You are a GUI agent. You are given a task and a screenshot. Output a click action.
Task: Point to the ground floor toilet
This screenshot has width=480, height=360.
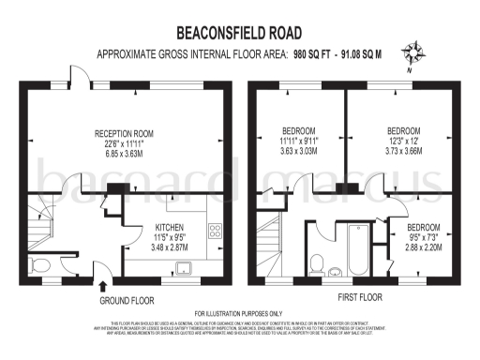pos(40,265)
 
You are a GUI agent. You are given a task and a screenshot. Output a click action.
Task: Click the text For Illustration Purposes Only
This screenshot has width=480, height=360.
pos(239,313)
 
